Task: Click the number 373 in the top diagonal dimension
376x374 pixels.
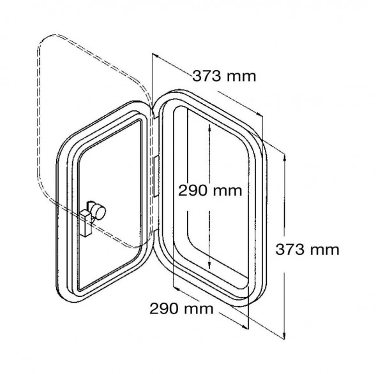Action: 206,76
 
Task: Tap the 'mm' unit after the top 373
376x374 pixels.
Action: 241,77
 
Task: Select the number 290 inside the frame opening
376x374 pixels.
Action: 192,191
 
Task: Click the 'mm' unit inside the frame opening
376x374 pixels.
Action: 227,192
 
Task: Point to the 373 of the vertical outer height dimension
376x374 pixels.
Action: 289,250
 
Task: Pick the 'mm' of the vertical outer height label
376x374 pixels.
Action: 324,250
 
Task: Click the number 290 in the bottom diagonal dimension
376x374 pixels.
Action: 164,308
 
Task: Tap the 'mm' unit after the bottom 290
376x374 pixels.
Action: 199,310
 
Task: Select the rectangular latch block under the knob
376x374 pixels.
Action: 86,224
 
